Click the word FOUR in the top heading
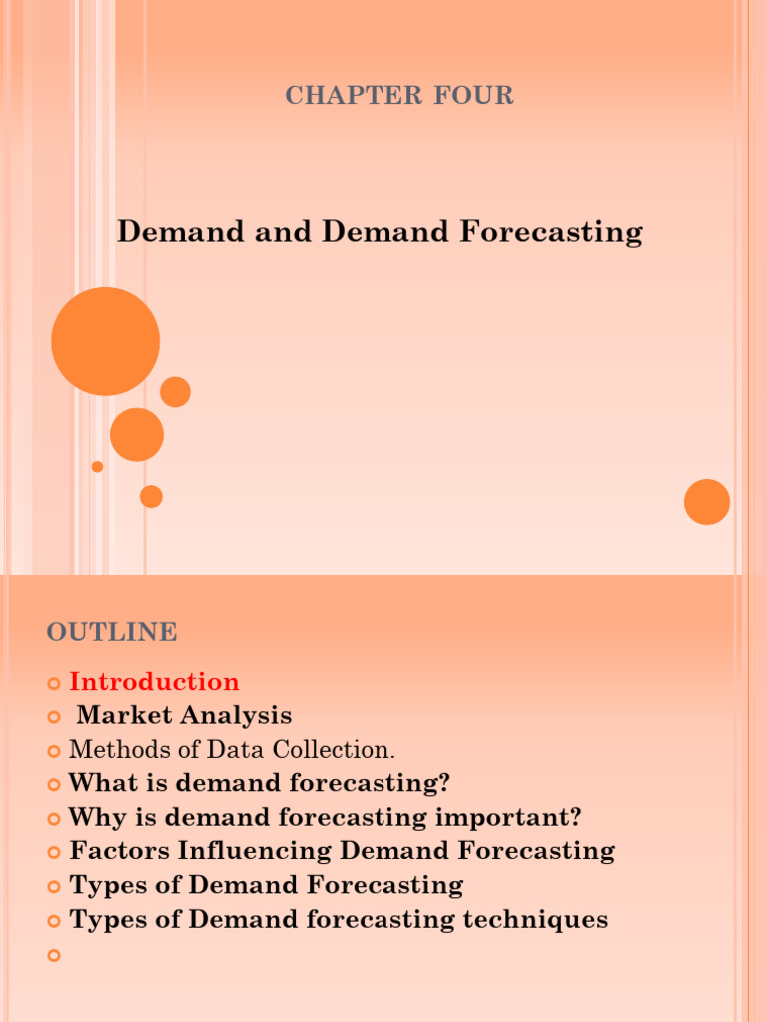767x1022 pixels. tap(474, 96)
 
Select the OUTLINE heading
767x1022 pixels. tap(112, 632)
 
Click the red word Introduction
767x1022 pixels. tap(154, 682)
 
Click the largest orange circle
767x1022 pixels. tap(105, 341)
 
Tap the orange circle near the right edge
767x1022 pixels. tap(707, 502)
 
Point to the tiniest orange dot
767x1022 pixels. tap(97, 466)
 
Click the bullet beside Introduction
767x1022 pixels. tap(54, 683)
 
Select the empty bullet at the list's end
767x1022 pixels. tap(54, 955)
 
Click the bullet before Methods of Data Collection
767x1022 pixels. tap(54, 751)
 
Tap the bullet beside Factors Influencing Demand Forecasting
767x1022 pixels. tap(54, 852)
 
